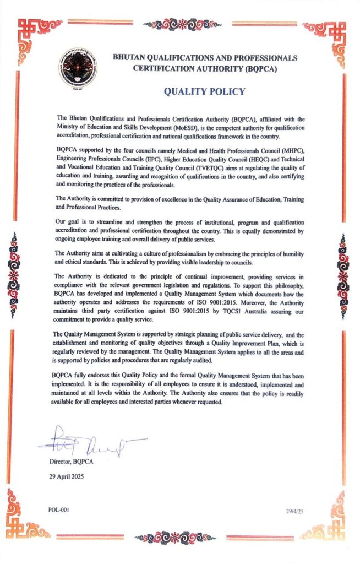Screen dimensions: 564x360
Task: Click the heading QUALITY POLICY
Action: point(204,92)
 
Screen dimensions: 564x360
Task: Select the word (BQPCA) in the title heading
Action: point(262,69)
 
